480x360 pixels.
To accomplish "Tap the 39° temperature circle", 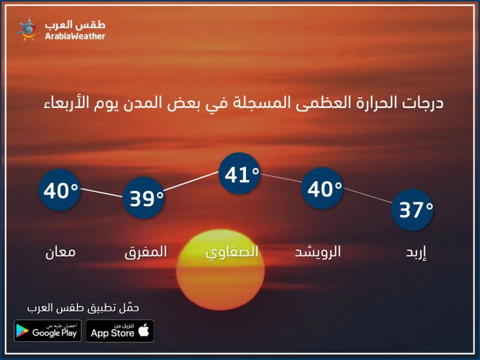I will click(143, 198).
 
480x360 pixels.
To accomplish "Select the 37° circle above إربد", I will click(413, 210).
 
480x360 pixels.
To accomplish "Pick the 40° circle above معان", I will click(60, 190).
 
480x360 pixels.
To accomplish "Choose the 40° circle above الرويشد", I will click(324, 189).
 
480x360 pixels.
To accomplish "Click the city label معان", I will click(60, 252).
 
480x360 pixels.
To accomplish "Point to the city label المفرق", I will click(146, 252).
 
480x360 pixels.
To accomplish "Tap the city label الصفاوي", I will click(232, 252).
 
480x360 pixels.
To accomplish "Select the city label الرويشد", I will click(318, 252).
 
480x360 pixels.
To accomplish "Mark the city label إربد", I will click(416, 252).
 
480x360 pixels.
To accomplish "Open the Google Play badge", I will click(48, 331).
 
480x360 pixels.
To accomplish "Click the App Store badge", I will click(120, 331).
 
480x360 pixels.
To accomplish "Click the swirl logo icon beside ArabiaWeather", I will click(27, 30).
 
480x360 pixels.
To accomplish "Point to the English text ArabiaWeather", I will click(75, 36).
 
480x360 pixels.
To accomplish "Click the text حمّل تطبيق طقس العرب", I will click(83, 308).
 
